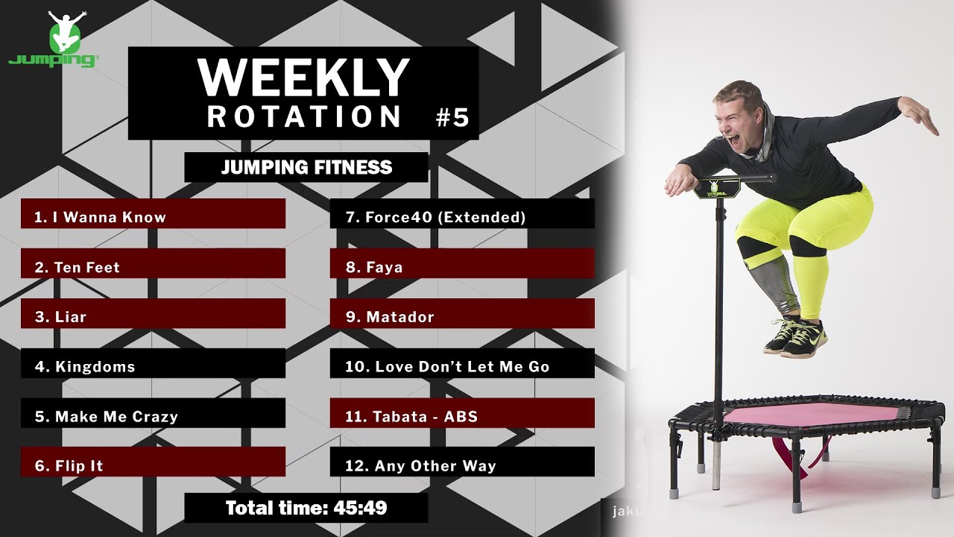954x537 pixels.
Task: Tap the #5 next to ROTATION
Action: (x=452, y=118)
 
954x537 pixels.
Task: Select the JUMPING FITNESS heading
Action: (x=306, y=167)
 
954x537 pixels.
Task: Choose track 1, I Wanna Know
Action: (x=153, y=217)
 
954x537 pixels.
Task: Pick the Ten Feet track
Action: (x=153, y=267)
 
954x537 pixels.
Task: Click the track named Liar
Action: (x=153, y=317)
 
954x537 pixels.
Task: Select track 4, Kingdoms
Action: (x=153, y=367)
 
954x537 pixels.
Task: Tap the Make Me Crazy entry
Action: (x=153, y=416)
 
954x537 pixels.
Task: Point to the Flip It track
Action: (x=153, y=466)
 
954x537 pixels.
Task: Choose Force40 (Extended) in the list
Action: (x=462, y=217)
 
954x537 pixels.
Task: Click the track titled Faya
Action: (x=462, y=267)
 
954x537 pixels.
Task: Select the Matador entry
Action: (x=462, y=317)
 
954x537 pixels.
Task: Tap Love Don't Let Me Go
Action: (x=462, y=367)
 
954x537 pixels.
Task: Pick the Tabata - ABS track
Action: (x=462, y=416)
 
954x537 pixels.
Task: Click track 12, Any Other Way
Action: (x=462, y=466)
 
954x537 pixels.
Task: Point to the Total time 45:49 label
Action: (x=306, y=509)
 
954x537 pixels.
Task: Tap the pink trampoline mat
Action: (x=812, y=415)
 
